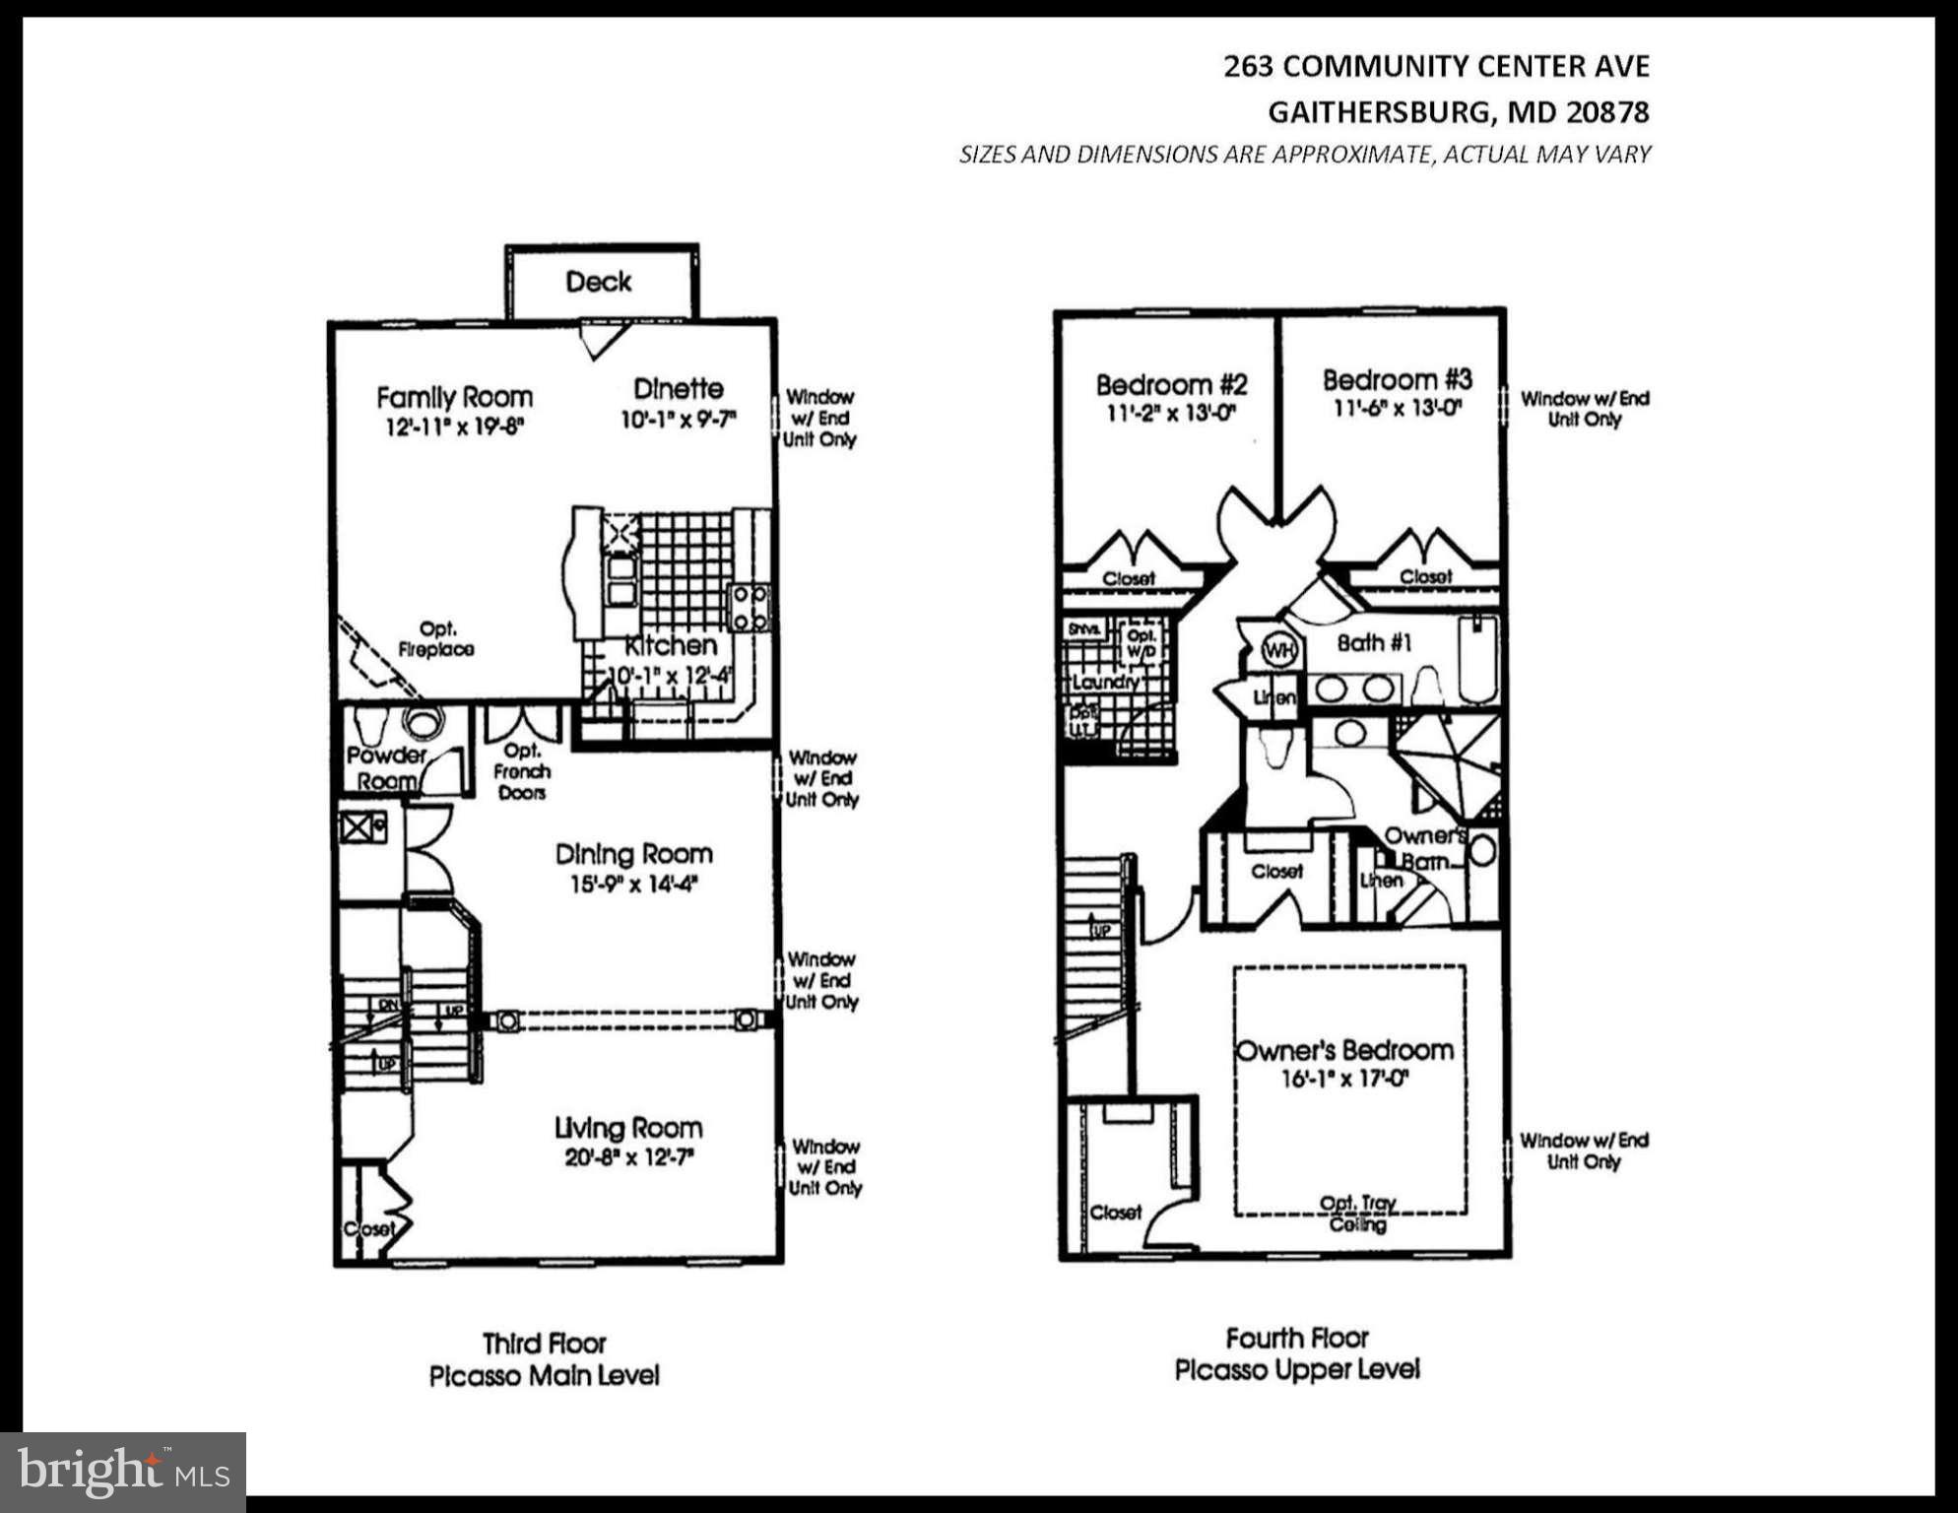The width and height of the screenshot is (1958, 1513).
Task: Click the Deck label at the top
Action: click(598, 282)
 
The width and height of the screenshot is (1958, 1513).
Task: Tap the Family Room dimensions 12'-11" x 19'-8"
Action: click(454, 428)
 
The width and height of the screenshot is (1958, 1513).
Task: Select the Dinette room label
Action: click(678, 388)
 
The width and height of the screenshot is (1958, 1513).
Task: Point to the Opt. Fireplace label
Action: click(436, 639)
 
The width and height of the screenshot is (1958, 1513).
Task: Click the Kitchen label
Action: click(671, 646)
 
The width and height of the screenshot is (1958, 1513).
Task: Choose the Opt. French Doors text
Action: click(522, 771)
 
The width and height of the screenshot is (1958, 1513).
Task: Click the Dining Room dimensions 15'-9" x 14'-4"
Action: click(633, 885)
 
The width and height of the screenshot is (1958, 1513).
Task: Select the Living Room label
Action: click(628, 1128)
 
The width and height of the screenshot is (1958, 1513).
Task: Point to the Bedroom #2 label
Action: click(1171, 384)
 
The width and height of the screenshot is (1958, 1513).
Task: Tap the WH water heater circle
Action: click(1279, 650)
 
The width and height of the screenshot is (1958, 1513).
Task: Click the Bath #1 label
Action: click(1374, 643)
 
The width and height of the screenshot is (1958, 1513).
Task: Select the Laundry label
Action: click(1104, 682)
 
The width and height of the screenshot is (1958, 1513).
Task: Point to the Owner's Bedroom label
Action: click(1344, 1050)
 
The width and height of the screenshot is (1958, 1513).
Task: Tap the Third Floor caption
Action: click(544, 1344)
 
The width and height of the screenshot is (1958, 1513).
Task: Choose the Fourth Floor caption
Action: click(1296, 1338)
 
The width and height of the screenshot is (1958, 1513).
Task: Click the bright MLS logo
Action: click(122, 1472)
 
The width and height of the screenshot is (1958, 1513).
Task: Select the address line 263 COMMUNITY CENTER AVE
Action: click(1436, 66)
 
